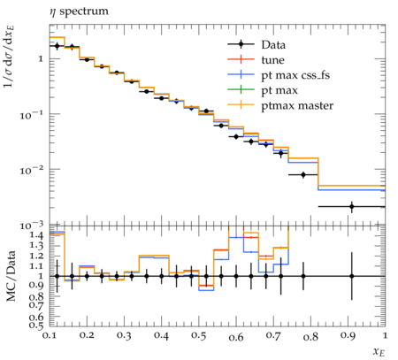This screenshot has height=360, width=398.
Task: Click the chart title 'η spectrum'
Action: (x=79, y=11)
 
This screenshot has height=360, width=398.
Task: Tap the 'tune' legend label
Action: (x=272, y=60)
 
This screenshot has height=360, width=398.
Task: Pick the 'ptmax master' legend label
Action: (x=297, y=105)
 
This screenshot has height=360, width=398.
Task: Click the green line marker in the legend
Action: (x=241, y=89)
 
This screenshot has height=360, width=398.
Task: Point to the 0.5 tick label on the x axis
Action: (x=199, y=336)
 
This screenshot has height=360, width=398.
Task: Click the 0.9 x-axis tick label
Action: (x=348, y=336)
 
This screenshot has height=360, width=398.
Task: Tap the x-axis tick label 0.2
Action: (x=87, y=336)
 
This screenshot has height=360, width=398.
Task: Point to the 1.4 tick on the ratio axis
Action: (x=37, y=235)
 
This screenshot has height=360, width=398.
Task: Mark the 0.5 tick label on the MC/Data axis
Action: (x=37, y=325)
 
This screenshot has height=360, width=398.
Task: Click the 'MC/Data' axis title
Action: (x=11, y=276)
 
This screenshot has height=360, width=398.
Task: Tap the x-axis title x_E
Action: (x=379, y=352)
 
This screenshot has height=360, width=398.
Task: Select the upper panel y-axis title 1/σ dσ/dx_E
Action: (x=10, y=57)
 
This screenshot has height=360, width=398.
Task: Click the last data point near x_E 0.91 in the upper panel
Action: (x=352, y=207)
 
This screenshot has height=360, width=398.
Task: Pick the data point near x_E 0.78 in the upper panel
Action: (x=303, y=175)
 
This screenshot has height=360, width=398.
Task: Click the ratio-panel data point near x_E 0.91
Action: (x=352, y=276)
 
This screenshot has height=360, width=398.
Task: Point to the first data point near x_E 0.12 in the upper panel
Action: (x=57, y=46)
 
